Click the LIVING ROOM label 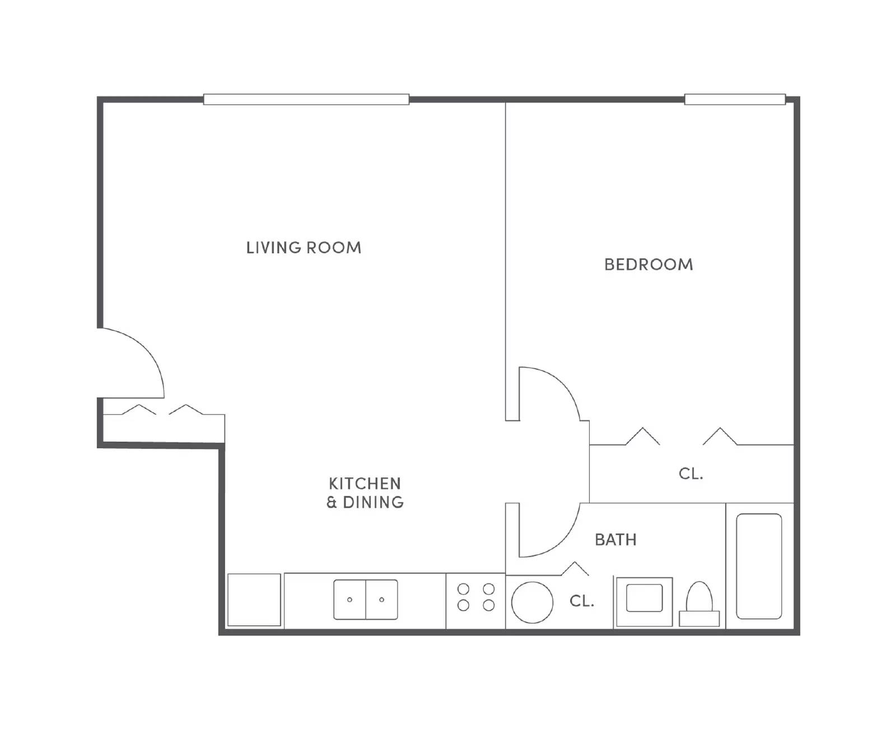(304, 247)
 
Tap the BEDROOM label (648, 265)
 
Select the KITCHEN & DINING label (365, 493)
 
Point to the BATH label (615, 540)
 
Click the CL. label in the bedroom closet (690, 474)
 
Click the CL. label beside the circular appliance (581, 601)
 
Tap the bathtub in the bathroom (759, 566)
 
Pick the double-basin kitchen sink (366, 600)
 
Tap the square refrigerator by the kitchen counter (254, 600)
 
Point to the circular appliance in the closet (532, 602)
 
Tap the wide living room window (306, 100)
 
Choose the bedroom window (735, 100)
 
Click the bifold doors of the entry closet (162, 410)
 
